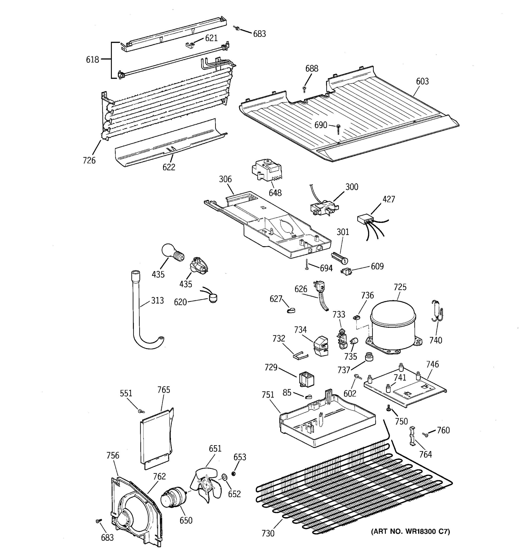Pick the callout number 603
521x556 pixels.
(x=422, y=81)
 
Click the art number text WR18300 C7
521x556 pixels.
(x=410, y=531)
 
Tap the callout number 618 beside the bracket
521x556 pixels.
(x=92, y=60)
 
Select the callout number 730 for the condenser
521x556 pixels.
(x=268, y=533)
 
